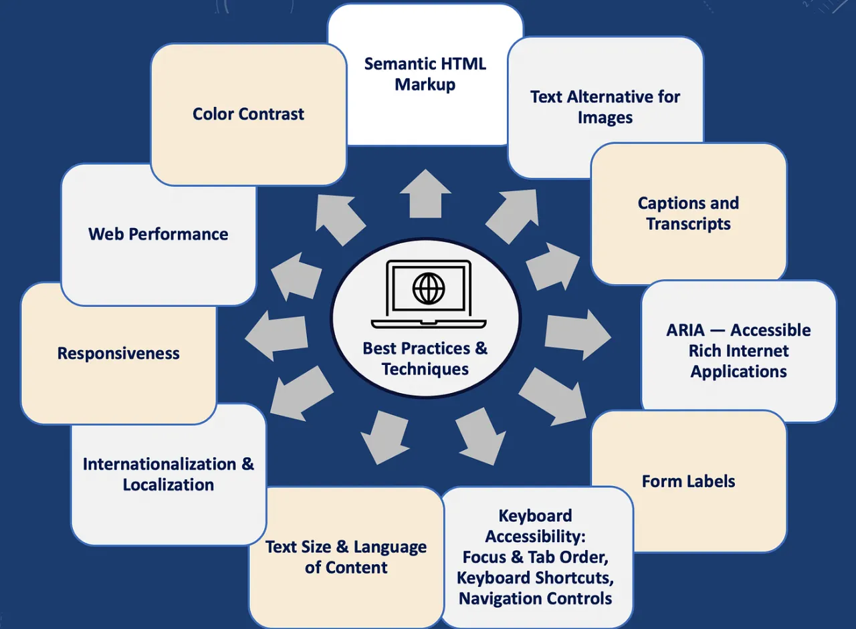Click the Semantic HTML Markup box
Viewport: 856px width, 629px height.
[x=425, y=74]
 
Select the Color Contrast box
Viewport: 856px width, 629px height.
[x=248, y=114]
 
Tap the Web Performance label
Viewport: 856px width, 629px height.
[x=158, y=234]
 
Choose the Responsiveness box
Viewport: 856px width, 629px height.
[x=118, y=353]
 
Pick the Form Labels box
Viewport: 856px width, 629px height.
[x=688, y=481]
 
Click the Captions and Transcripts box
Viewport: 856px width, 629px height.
[x=688, y=213]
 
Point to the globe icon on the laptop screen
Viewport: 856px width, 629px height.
[x=429, y=288]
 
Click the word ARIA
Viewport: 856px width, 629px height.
[x=685, y=330]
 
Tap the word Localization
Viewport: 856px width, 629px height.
[x=169, y=485]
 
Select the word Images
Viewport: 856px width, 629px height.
[x=605, y=118]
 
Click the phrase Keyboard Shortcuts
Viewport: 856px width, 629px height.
[x=535, y=578]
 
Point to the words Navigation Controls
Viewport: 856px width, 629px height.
[x=535, y=598]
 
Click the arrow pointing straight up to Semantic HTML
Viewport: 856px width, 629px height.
[x=425, y=193]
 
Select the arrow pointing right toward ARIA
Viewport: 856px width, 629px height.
[x=577, y=334]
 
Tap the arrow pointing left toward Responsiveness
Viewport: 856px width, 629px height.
[x=276, y=335]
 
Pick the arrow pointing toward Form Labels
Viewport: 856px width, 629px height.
[x=552, y=397]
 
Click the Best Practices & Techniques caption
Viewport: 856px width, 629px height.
[x=425, y=358]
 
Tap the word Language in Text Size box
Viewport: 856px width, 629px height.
[x=390, y=547]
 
